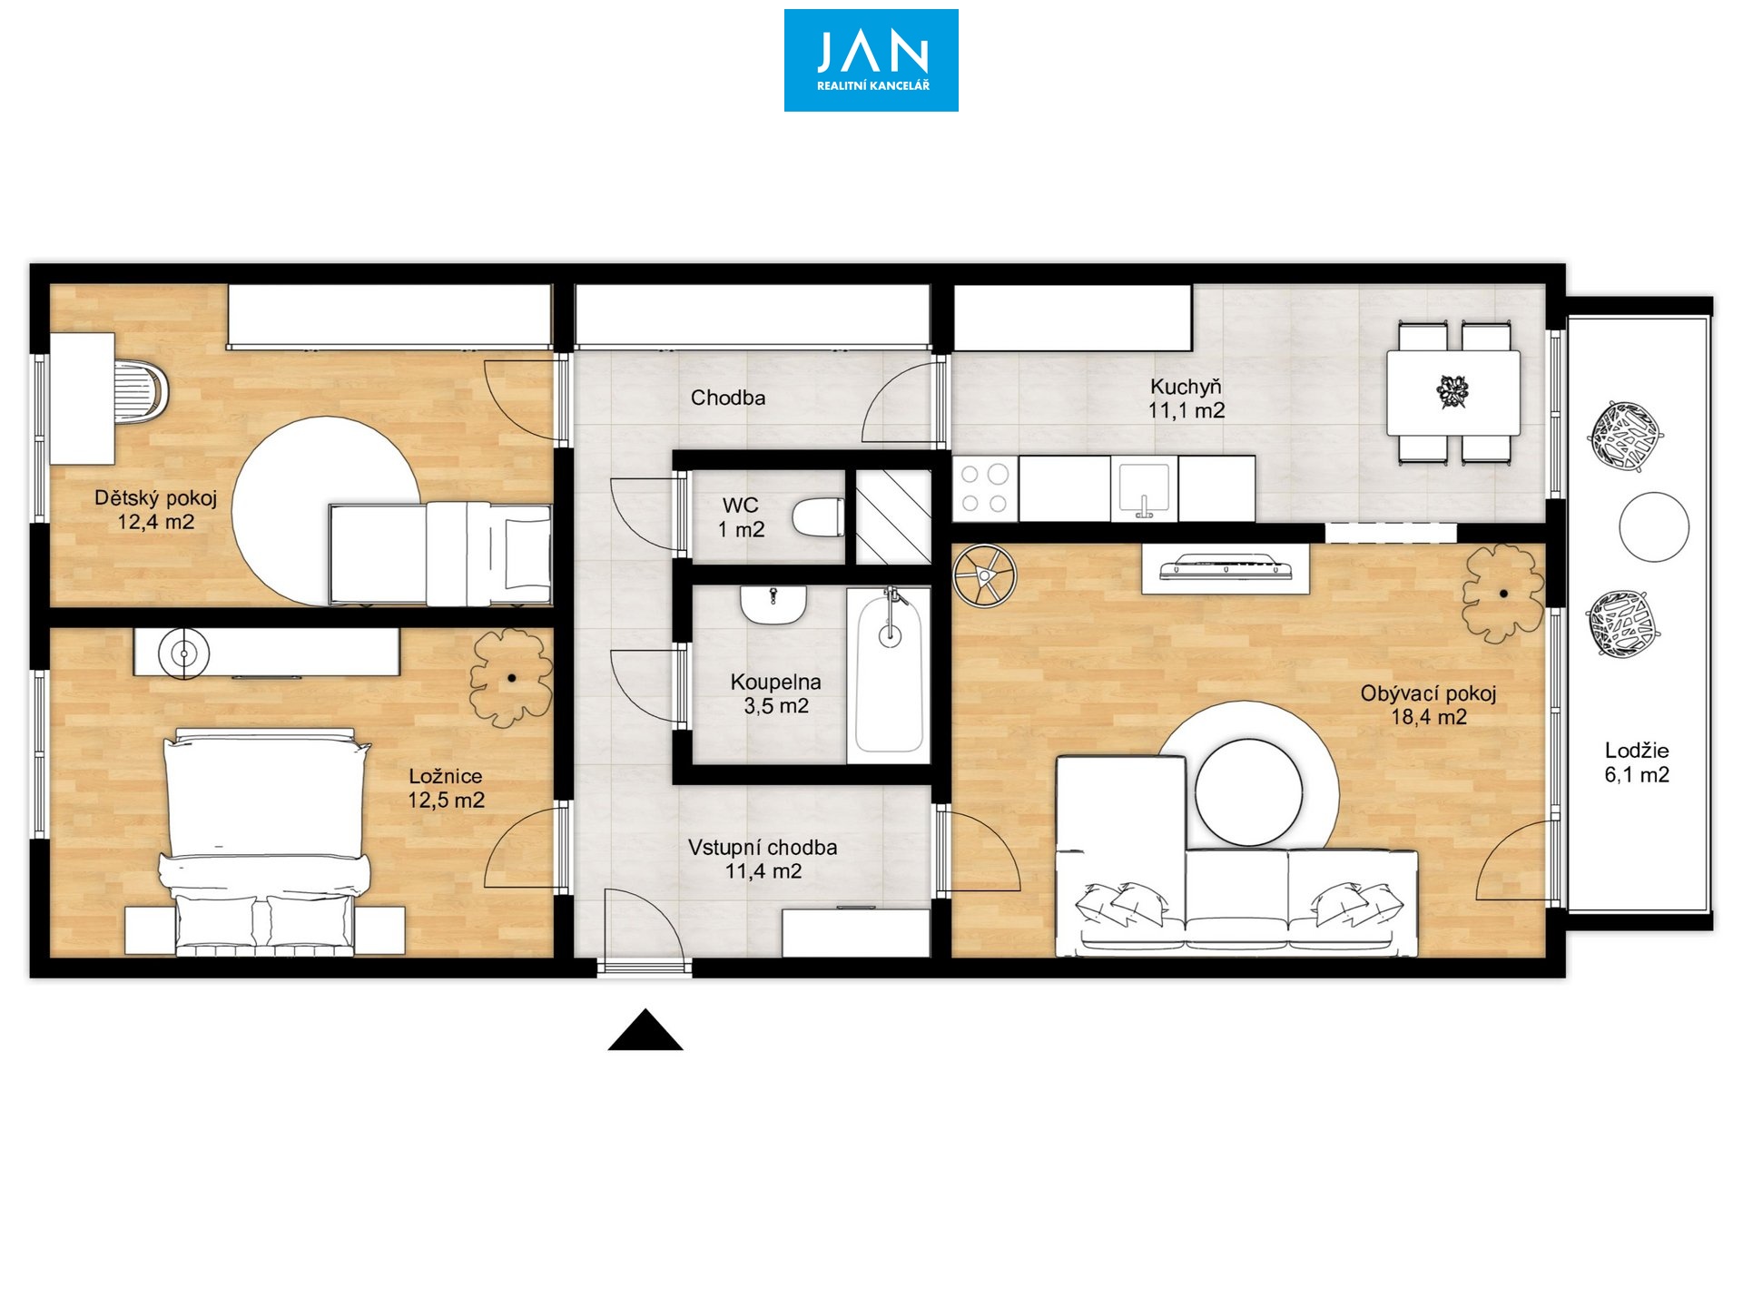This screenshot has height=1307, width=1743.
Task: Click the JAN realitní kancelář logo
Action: (871, 61)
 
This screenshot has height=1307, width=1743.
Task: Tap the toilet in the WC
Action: (817, 518)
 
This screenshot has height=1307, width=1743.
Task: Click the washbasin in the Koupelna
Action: (773, 604)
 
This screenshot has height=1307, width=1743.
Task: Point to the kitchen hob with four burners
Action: (985, 489)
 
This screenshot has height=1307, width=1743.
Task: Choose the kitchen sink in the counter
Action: (1144, 489)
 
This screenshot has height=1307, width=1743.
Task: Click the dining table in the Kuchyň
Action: (1452, 393)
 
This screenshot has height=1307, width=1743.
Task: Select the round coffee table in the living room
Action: (1248, 791)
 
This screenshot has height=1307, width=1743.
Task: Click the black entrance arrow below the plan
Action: (645, 1030)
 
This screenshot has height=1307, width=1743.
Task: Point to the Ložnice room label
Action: (445, 776)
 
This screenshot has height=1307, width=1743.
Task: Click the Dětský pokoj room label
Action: (155, 498)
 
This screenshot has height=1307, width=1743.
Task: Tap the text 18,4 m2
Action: (1429, 717)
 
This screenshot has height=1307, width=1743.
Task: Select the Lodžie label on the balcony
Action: (1637, 751)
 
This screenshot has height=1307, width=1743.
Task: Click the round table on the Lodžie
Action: (1654, 526)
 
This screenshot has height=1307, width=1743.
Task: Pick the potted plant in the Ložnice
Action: (511, 677)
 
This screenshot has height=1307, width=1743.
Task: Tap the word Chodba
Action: (728, 398)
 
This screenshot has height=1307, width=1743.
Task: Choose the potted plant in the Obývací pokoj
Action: (1502, 594)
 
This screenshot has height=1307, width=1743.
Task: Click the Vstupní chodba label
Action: (763, 848)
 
